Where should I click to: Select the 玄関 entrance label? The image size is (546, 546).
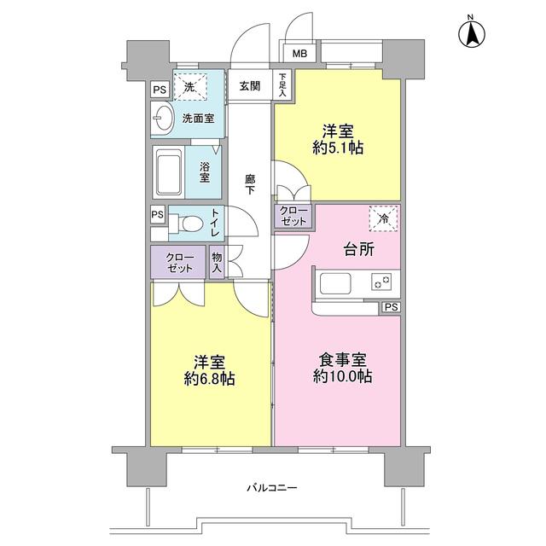250,85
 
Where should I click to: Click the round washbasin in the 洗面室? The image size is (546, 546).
162,119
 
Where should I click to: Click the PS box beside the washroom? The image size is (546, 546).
159,88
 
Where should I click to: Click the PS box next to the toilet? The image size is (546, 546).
158,214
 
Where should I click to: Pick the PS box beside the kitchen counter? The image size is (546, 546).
390,307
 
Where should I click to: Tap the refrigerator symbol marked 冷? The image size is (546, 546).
384,219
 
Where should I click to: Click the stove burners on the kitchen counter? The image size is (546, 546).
380,282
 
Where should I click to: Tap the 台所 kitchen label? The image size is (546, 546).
359,249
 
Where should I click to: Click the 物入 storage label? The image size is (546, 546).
218,264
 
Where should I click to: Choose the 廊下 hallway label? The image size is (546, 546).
250,184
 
